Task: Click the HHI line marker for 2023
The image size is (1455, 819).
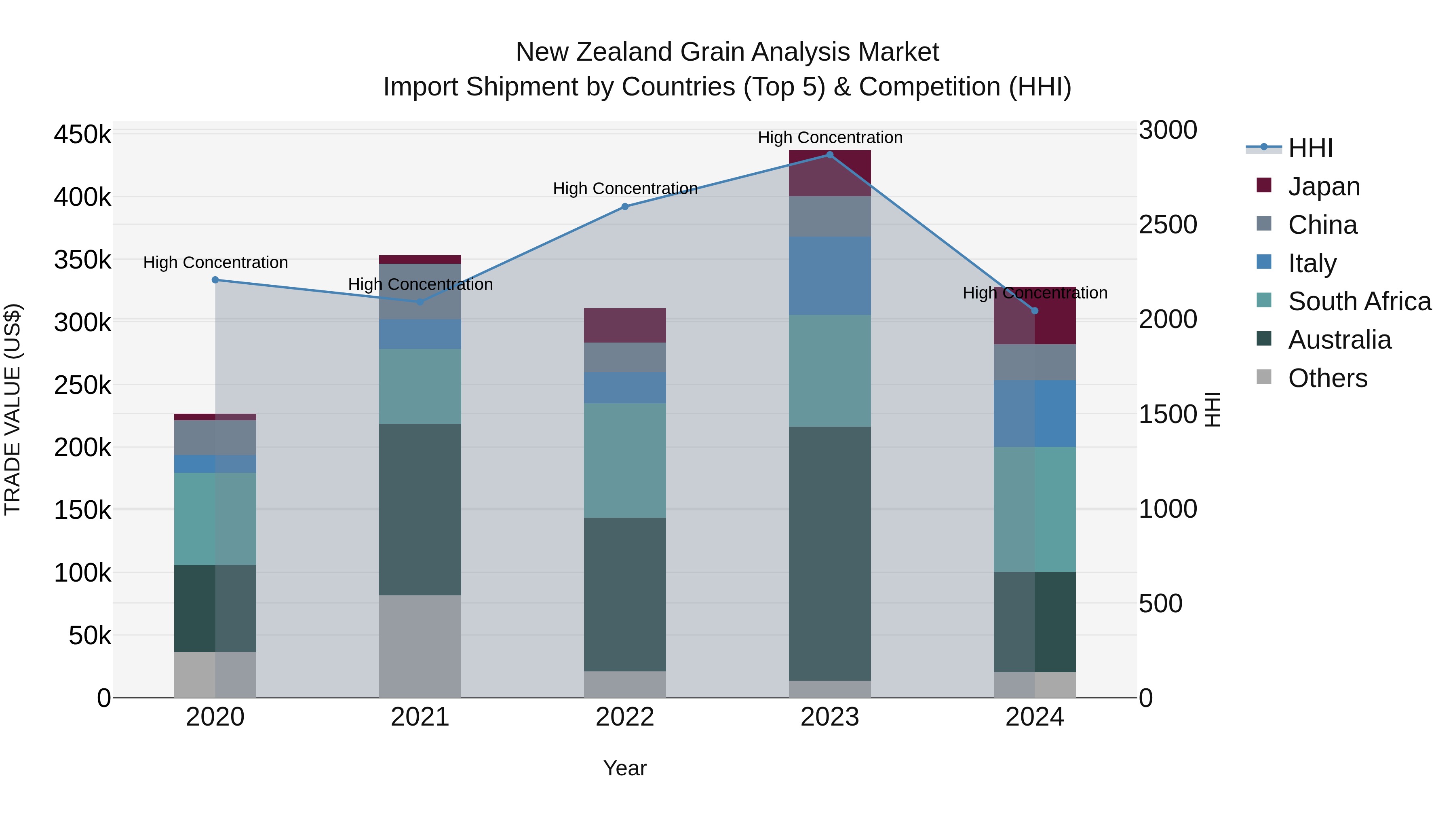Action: (x=829, y=155)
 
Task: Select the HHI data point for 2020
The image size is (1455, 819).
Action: (x=215, y=280)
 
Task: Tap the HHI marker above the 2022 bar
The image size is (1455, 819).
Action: (x=625, y=207)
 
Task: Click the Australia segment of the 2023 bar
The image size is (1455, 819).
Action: (x=829, y=554)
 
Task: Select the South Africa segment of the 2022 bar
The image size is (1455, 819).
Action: (x=625, y=461)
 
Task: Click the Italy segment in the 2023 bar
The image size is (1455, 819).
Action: (x=829, y=276)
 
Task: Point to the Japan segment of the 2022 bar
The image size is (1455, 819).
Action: (x=625, y=326)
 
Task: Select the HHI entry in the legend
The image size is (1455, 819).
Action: (x=1310, y=148)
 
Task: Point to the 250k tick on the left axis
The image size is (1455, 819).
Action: (x=82, y=386)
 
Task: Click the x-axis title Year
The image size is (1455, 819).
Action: (x=625, y=769)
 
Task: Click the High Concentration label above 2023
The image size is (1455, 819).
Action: (x=830, y=138)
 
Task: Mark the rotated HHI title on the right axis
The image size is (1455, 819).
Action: (x=1212, y=409)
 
